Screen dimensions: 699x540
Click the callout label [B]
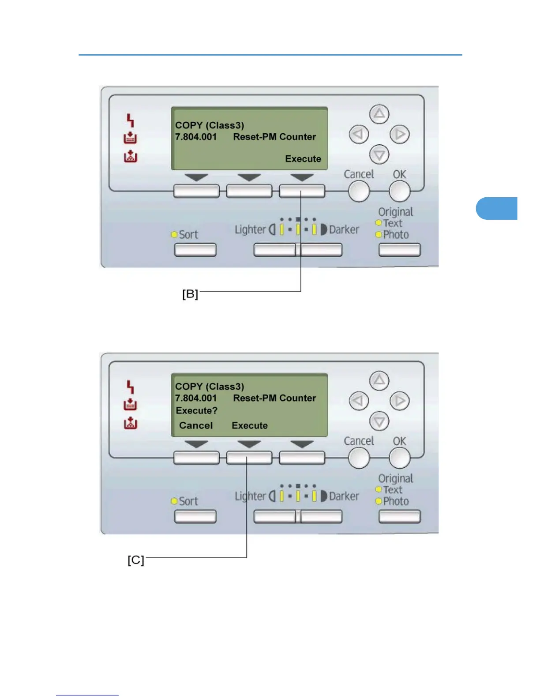(190, 294)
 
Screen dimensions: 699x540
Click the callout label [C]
(136, 560)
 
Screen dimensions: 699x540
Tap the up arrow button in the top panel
(379, 114)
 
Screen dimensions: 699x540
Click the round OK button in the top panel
(399, 192)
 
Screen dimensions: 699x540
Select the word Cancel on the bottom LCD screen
(196, 425)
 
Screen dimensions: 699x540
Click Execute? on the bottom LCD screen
(197, 411)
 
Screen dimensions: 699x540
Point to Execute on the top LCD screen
(303, 159)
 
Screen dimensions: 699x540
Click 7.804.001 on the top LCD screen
(196, 137)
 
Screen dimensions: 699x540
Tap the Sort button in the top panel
(195, 250)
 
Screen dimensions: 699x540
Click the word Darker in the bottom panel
(344, 496)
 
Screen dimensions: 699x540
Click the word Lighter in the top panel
(250, 230)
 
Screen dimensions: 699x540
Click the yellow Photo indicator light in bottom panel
(378, 501)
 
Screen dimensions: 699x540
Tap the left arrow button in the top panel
(359, 134)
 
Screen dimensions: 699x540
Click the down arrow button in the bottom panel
(379, 421)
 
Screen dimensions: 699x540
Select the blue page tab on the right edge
(497, 208)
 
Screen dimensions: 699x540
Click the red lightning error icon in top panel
(130, 120)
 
